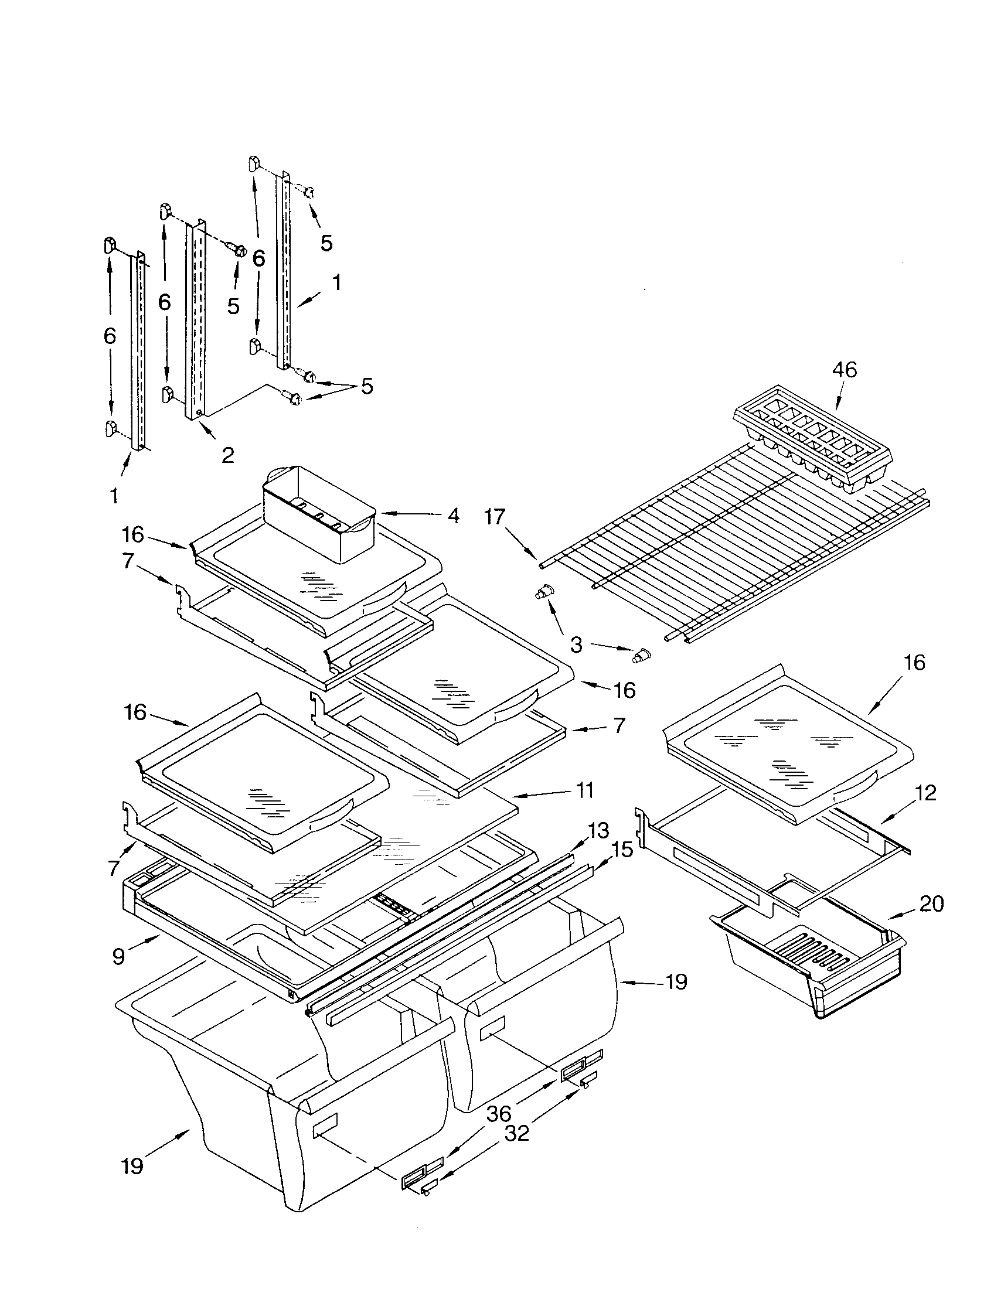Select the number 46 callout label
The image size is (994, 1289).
click(x=844, y=370)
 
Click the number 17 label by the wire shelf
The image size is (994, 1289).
click(x=495, y=517)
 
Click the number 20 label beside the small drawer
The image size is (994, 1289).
click(x=931, y=903)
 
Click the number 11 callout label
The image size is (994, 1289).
click(x=584, y=790)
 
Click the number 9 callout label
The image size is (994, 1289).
click(x=118, y=956)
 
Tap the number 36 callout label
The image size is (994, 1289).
click(x=499, y=1114)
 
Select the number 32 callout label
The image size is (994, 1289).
click(x=517, y=1133)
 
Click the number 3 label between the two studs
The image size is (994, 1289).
click(x=576, y=644)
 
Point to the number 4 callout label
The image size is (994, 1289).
click(x=452, y=515)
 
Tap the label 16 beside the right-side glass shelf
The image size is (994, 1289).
click(x=914, y=663)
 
